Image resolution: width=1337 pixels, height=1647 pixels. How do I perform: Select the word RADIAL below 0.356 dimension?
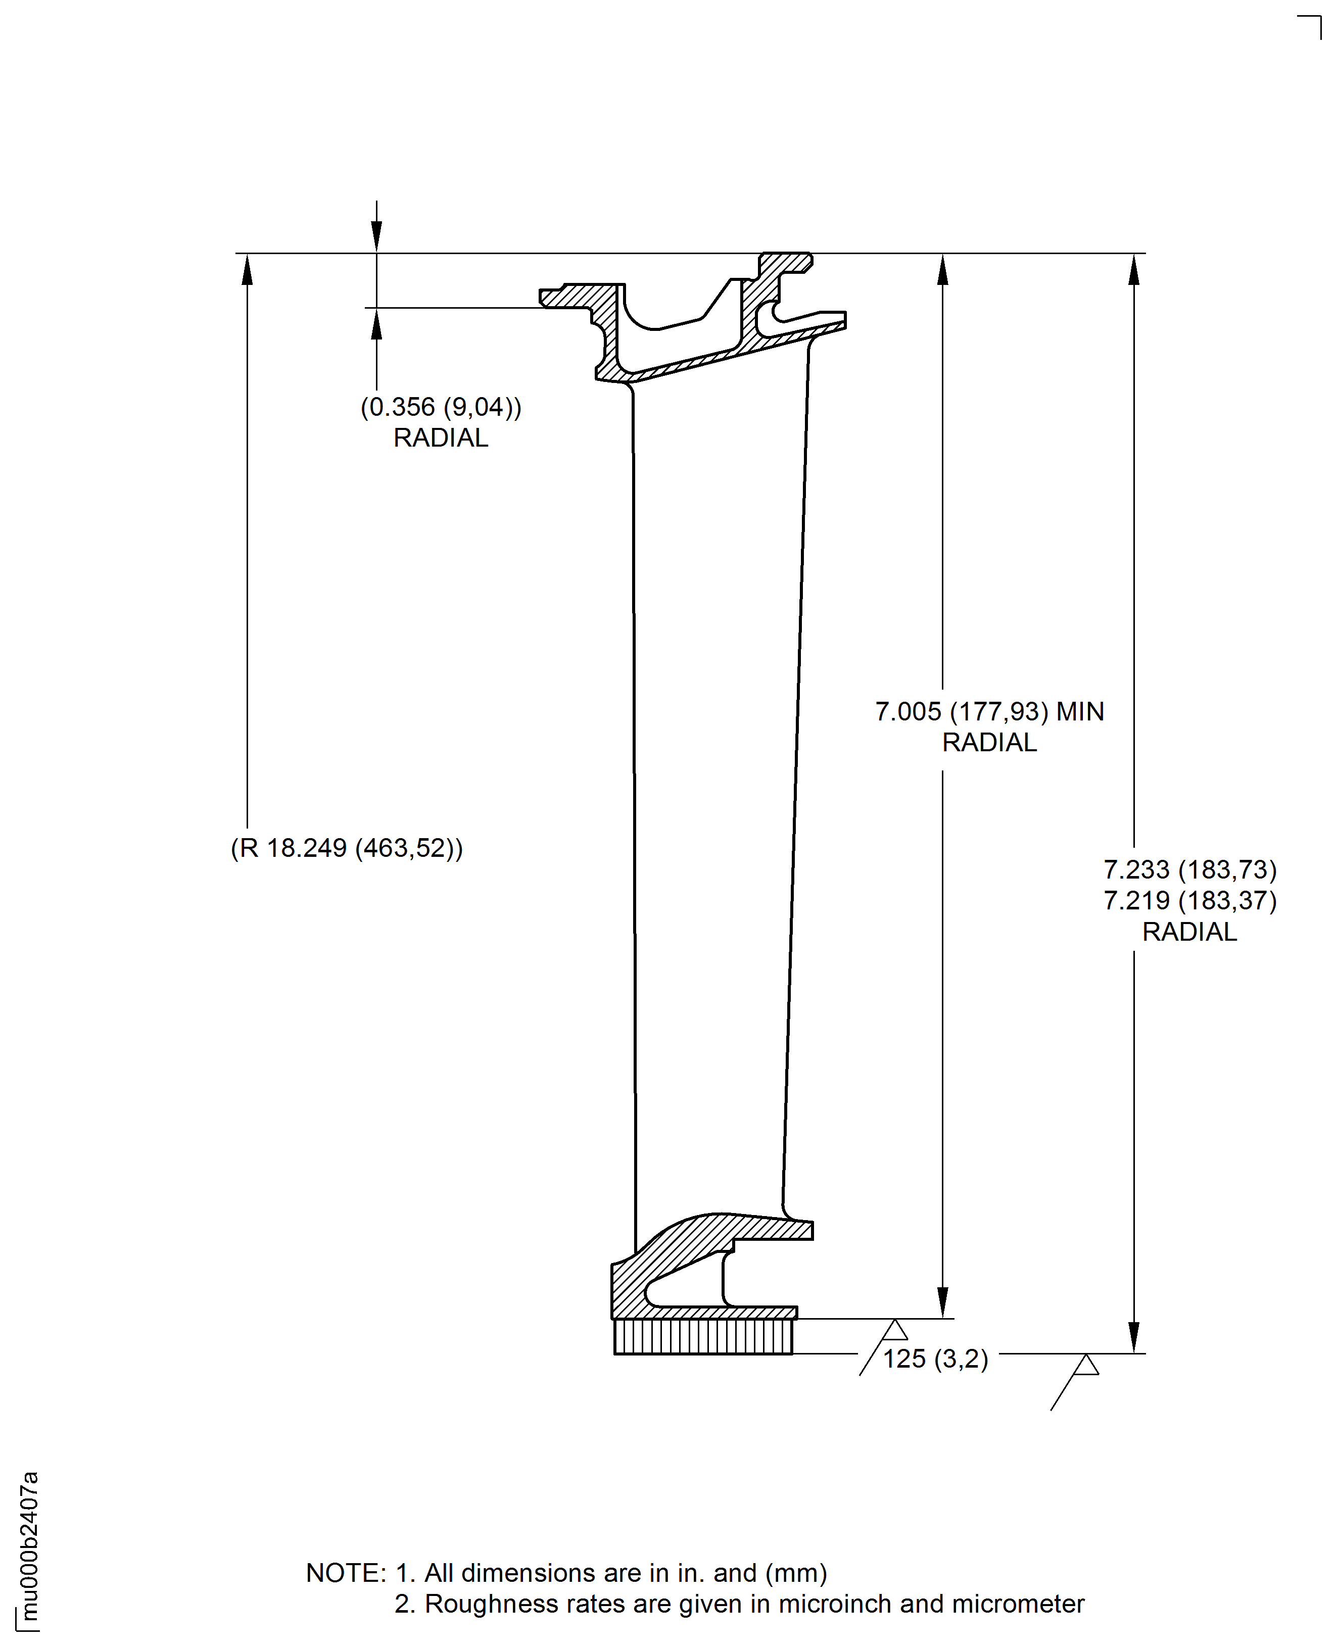441,438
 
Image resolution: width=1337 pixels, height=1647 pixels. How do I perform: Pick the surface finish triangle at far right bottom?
1085,1365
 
